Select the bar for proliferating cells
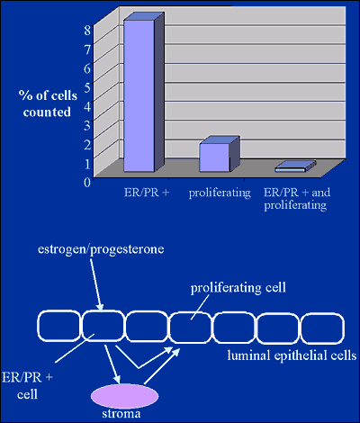[x=219, y=155]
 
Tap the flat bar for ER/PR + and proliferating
[x=295, y=166]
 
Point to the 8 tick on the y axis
[x=86, y=31]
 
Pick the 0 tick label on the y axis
[x=86, y=182]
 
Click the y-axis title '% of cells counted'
[x=48, y=103]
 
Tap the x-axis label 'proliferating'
[x=220, y=193]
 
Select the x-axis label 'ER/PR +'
[x=147, y=193]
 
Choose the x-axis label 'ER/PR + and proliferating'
[x=297, y=199]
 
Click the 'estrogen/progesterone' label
[x=101, y=249]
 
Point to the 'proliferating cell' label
[x=238, y=288]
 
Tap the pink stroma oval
[x=125, y=395]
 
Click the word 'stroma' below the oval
[x=121, y=414]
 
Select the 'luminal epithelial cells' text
[x=292, y=355]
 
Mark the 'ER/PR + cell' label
[x=27, y=386]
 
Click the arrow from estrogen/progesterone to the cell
[x=96, y=284]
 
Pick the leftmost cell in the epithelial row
[x=58, y=326]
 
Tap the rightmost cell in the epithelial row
[x=322, y=328]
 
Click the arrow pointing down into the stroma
[x=112, y=364]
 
